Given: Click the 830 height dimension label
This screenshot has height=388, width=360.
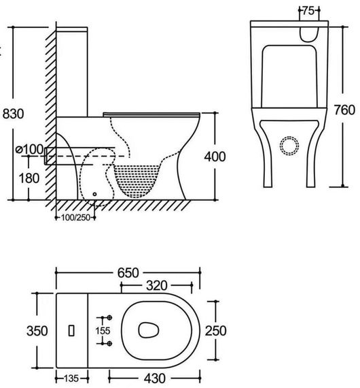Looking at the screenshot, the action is tap(14, 114).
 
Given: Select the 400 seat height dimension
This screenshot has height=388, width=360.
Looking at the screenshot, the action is tap(215, 157).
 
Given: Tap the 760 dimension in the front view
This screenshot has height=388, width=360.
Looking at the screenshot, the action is tap(344, 110).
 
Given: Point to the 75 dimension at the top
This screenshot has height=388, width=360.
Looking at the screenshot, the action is tap(308, 11).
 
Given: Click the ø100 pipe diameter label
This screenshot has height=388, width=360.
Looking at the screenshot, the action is tap(29, 149).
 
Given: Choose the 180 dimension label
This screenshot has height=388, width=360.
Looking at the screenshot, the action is tap(29, 178).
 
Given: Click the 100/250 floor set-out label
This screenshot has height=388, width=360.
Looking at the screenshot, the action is tap(75, 218).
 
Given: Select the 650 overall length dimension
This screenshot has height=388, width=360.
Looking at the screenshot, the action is tap(128, 273).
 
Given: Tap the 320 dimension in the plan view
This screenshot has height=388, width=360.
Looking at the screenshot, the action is tap(157, 286).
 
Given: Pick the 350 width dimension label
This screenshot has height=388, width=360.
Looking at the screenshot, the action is tap(37, 331).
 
